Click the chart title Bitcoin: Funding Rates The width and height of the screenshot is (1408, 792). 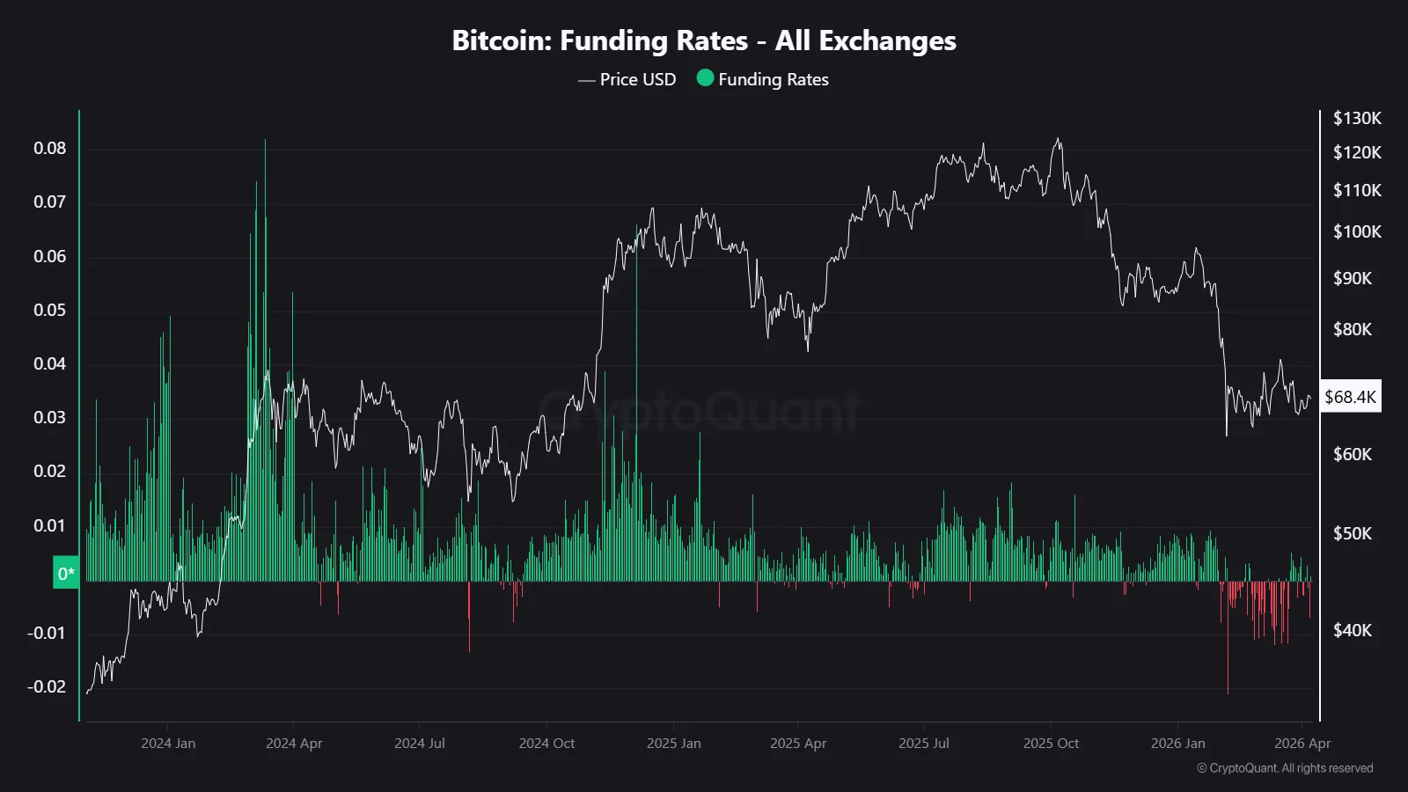pos(703,40)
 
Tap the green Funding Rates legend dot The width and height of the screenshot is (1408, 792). pos(705,78)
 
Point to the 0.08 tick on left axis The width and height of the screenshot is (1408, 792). pos(49,148)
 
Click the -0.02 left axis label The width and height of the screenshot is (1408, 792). pos(46,686)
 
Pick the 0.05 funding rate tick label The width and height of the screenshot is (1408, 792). pos(49,310)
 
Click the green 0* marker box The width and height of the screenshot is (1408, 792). pos(66,574)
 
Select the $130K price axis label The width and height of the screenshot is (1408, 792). pos(1357,118)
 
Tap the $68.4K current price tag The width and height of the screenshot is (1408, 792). pos(1350,397)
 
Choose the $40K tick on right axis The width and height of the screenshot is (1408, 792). pos(1352,630)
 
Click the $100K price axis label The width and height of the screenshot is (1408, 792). pos(1357,231)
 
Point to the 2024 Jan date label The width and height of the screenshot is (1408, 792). pos(168,743)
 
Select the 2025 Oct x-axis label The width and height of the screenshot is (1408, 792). pos(1051,743)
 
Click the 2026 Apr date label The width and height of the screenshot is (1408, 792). pos(1302,743)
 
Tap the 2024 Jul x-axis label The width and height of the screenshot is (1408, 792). pos(420,743)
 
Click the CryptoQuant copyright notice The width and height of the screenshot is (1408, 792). pos(1285,768)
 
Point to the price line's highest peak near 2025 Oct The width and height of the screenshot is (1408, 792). pos(1059,139)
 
